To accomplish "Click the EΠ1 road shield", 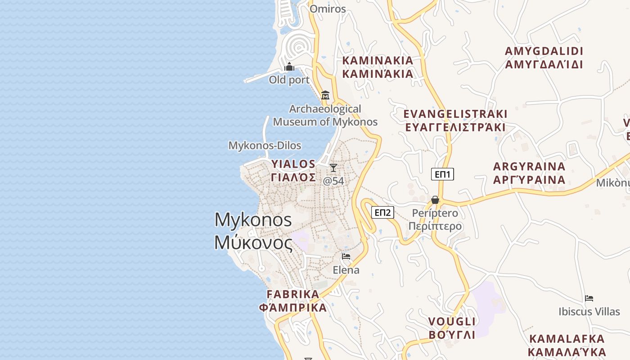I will click(x=442, y=174).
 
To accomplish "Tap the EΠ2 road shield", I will click(x=382, y=212).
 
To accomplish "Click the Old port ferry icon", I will click(x=289, y=67).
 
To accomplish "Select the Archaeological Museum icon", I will click(x=325, y=95).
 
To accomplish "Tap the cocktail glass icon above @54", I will click(x=333, y=168).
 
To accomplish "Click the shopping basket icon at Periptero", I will click(x=435, y=199).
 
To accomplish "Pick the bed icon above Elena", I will click(x=346, y=256).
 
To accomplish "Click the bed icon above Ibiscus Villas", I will click(x=589, y=298).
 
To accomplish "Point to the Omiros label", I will click(x=328, y=9).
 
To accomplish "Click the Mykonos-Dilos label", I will click(x=265, y=145).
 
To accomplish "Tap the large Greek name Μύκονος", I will click(x=253, y=243).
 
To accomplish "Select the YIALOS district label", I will click(x=293, y=164).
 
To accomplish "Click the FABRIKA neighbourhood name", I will click(x=293, y=294).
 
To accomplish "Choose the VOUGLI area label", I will click(x=452, y=321).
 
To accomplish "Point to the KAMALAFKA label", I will click(x=567, y=339).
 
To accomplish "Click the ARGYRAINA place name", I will click(x=529, y=166).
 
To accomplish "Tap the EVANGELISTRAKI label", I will click(x=455, y=114).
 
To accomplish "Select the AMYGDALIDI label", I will click(x=544, y=51).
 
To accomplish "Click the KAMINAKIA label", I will click(x=378, y=60).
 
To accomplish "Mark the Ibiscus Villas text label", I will click(x=589, y=311).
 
